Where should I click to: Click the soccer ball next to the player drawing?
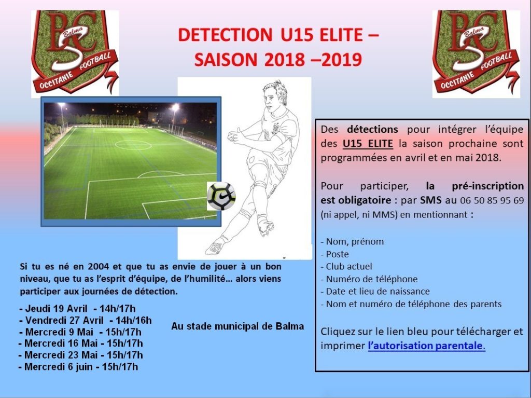point(221,196)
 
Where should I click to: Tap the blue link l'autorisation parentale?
point(426,346)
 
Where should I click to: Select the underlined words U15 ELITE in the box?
point(368,144)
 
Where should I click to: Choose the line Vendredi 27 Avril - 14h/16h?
point(86,320)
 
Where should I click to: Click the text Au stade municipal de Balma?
point(237,326)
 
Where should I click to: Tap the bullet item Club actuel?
point(346,267)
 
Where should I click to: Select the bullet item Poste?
point(334,254)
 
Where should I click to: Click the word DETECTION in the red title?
point(225,35)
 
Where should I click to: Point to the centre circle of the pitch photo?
point(133,145)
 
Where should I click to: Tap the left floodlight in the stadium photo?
point(61,106)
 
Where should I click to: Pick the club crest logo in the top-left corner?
point(75,53)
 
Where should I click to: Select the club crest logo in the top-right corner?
point(476,53)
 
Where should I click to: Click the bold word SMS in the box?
point(431,200)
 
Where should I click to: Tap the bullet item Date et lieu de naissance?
point(375,292)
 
